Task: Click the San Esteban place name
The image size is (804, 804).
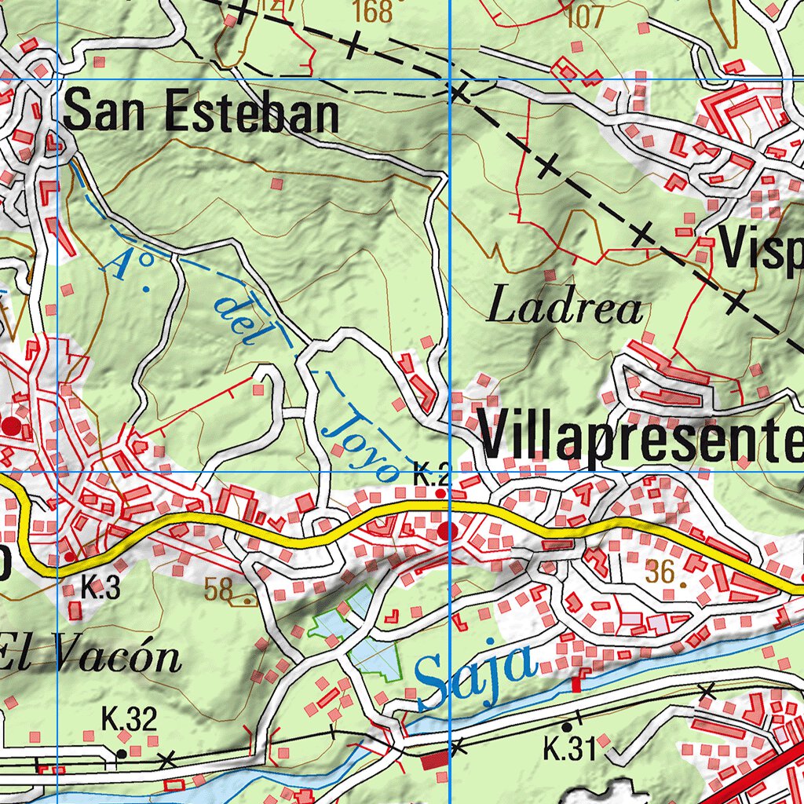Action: point(201,115)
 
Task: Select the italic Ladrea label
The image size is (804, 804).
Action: point(565,308)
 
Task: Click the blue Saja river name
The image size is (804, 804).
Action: point(475,673)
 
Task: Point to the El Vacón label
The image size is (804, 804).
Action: point(90,656)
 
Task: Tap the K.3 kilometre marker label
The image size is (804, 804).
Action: point(100,588)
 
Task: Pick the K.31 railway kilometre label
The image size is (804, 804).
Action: point(569,750)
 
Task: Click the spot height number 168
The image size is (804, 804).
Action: point(372,12)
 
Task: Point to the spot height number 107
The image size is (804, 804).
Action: point(585,16)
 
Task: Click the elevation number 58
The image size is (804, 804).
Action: point(218,590)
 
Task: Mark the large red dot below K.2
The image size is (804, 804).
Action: point(448,531)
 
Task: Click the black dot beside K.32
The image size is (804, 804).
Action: point(122,754)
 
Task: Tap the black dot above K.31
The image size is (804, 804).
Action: point(567,727)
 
